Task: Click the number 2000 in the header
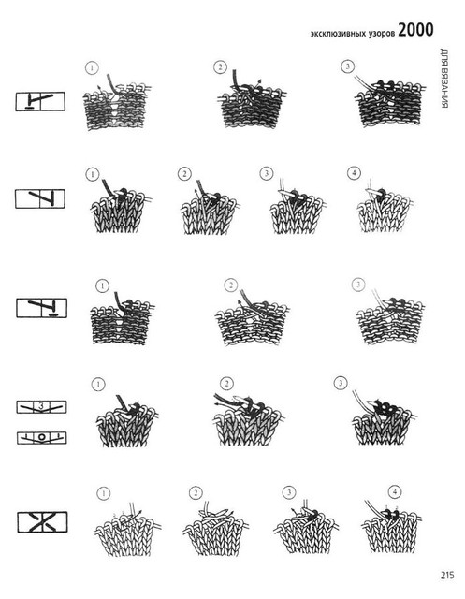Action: click(x=415, y=30)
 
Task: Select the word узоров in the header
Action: click(x=382, y=34)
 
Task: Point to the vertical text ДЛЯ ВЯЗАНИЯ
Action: click(x=443, y=78)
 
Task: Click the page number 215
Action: click(x=447, y=576)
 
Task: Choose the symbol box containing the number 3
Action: click(x=41, y=407)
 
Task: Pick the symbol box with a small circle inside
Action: click(x=41, y=438)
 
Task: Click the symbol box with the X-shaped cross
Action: click(x=42, y=522)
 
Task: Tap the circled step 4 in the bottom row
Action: click(x=395, y=491)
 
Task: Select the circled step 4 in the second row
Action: click(x=354, y=173)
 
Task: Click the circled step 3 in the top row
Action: click(x=347, y=66)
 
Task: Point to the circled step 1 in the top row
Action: click(x=92, y=68)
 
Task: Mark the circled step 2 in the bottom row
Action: click(x=196, y=493)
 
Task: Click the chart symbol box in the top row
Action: click(x=40, y=101)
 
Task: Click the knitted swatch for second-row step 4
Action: click(x=385, y=207)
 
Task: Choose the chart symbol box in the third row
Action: click(x=41, y=308)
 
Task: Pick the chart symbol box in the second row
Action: click(x=40, y=198)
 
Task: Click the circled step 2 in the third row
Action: click(x=230, y=285)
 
